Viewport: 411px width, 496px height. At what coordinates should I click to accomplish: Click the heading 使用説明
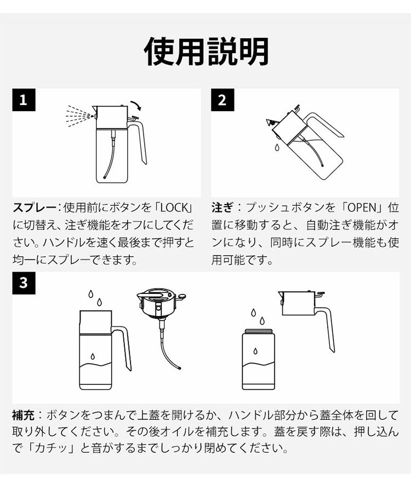(206, 51)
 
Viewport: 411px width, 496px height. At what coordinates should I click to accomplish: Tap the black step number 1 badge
(24, 100)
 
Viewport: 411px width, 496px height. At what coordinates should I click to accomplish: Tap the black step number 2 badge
(222, 100)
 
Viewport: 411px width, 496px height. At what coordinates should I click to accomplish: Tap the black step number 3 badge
(24, 283)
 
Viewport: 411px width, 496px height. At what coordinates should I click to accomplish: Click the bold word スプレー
(34, 208)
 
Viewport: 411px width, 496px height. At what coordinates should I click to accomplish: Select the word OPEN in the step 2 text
(362, 208)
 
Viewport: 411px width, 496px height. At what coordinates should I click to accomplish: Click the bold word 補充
(24, 415)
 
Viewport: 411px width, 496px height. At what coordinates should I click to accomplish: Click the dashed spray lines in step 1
(78, 117)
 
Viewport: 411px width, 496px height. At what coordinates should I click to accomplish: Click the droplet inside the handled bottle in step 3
(93, 356)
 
